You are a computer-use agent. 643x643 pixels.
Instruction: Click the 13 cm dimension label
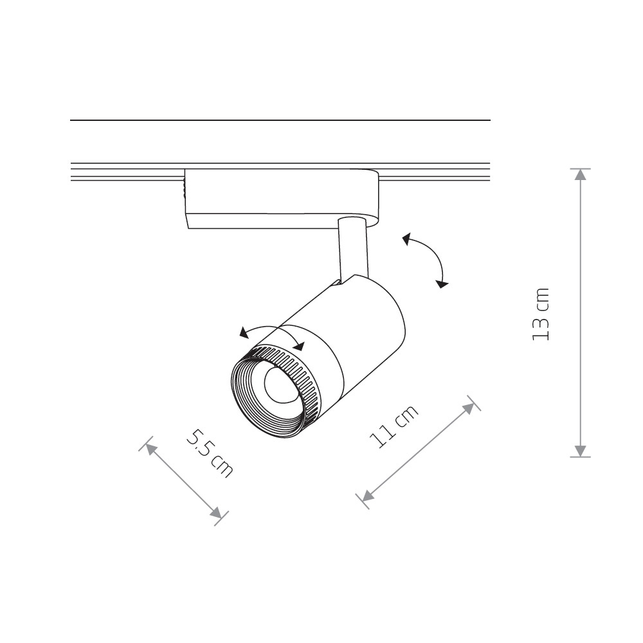click(542, 314)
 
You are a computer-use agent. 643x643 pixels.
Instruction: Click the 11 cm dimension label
click(394, 426)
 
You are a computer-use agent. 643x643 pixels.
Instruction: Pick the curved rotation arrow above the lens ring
click(270, 331)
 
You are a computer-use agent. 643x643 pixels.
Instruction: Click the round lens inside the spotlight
click(278, 386)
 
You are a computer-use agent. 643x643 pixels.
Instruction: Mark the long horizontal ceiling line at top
click(280, 120)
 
